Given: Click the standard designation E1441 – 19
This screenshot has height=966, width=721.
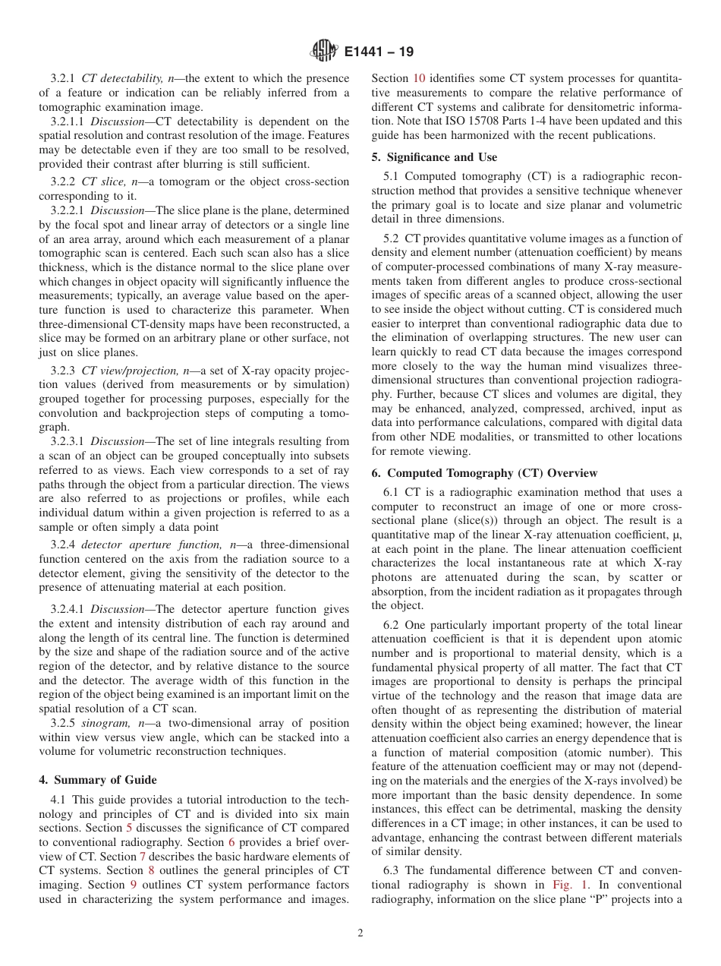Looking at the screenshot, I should pos(379,52).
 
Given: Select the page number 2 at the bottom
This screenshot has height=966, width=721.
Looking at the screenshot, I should pos(360,933).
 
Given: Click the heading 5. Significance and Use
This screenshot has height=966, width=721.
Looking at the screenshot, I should pos(434,157).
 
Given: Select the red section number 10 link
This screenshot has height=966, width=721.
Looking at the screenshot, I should pos(419,78).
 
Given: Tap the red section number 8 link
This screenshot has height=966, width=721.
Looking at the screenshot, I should pos(151,870).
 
